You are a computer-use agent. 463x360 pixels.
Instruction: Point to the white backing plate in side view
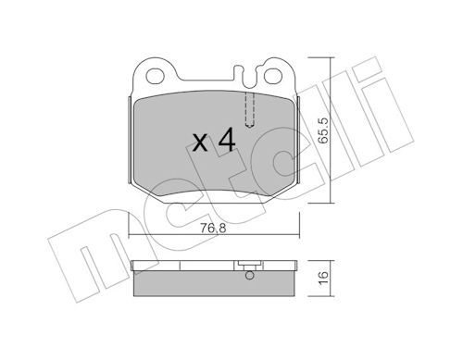point(215,268)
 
